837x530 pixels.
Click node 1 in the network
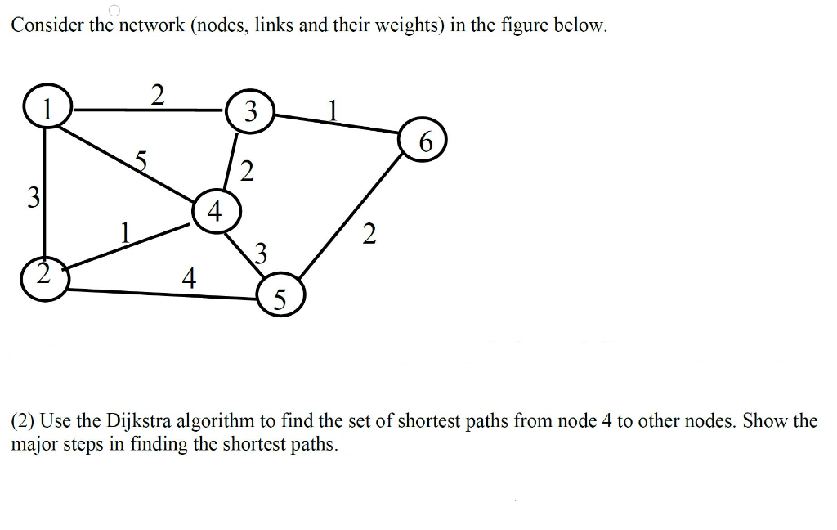47,108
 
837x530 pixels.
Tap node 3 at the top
251,111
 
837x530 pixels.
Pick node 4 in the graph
215,213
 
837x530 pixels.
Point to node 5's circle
280,298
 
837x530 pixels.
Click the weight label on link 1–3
158,94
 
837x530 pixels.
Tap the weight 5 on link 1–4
141,162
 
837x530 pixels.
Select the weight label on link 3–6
332,110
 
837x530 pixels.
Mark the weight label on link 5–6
369,236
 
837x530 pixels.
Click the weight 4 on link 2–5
189,280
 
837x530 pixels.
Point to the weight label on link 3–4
247,172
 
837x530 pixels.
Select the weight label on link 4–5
261,251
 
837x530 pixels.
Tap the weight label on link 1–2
32,197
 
